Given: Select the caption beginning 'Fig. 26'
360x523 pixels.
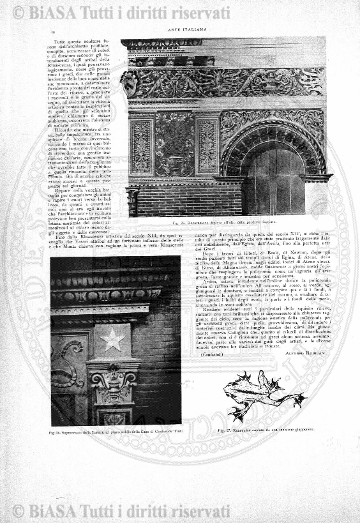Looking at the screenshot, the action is pyautogui.click(x=115, y=432).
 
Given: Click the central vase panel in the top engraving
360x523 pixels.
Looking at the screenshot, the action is pyautogui.click(x=174, y=143).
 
